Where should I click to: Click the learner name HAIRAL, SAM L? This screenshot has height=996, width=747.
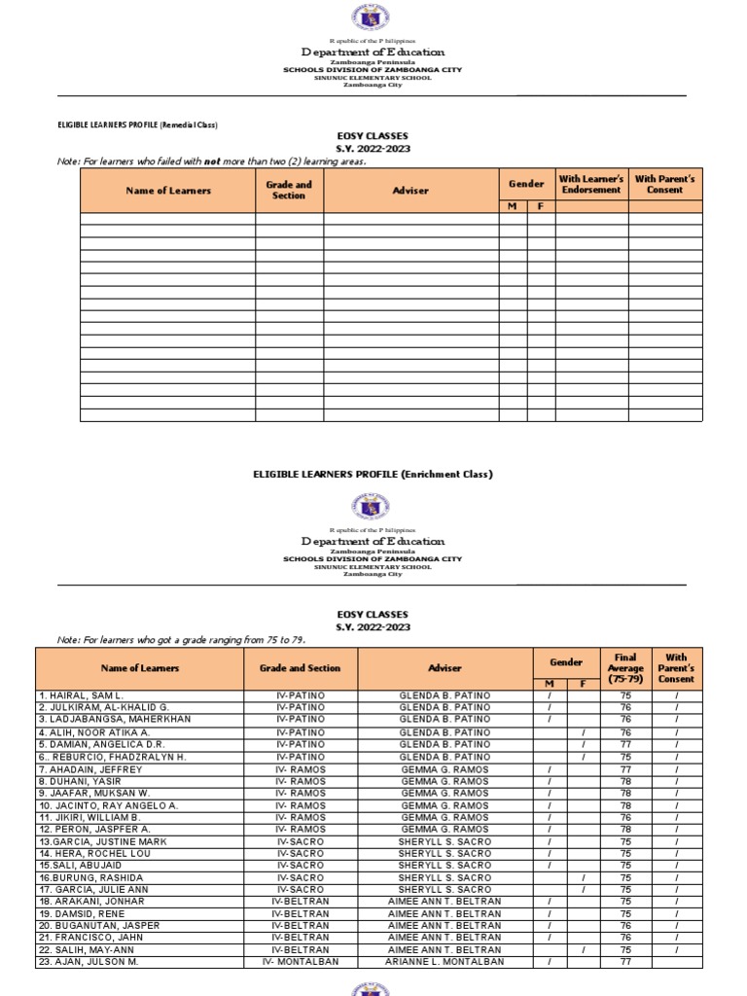tap(81, 696)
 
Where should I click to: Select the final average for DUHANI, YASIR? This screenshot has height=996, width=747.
tap(625, 781)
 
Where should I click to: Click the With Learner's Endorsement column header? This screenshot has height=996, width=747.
tap(591, 185)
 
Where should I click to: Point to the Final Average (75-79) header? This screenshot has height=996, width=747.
tap(625, 668)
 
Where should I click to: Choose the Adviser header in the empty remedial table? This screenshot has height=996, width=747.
tap(410, 191)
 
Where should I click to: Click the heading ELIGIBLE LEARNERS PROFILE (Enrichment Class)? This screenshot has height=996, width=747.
tap(373, 475)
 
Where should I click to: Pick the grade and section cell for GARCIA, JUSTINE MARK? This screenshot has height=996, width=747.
tap(301, 841)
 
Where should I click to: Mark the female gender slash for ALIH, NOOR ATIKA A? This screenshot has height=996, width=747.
tap(583, 732)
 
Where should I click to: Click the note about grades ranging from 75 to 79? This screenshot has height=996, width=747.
tap(174, 640)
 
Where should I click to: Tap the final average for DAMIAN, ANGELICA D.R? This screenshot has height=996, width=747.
tap(625, 745)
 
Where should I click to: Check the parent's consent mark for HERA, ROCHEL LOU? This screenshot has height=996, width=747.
tap(676, 853)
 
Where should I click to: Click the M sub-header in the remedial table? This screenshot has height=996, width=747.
tap(513, 206)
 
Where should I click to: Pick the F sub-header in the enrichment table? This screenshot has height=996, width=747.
tap(583, 685)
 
